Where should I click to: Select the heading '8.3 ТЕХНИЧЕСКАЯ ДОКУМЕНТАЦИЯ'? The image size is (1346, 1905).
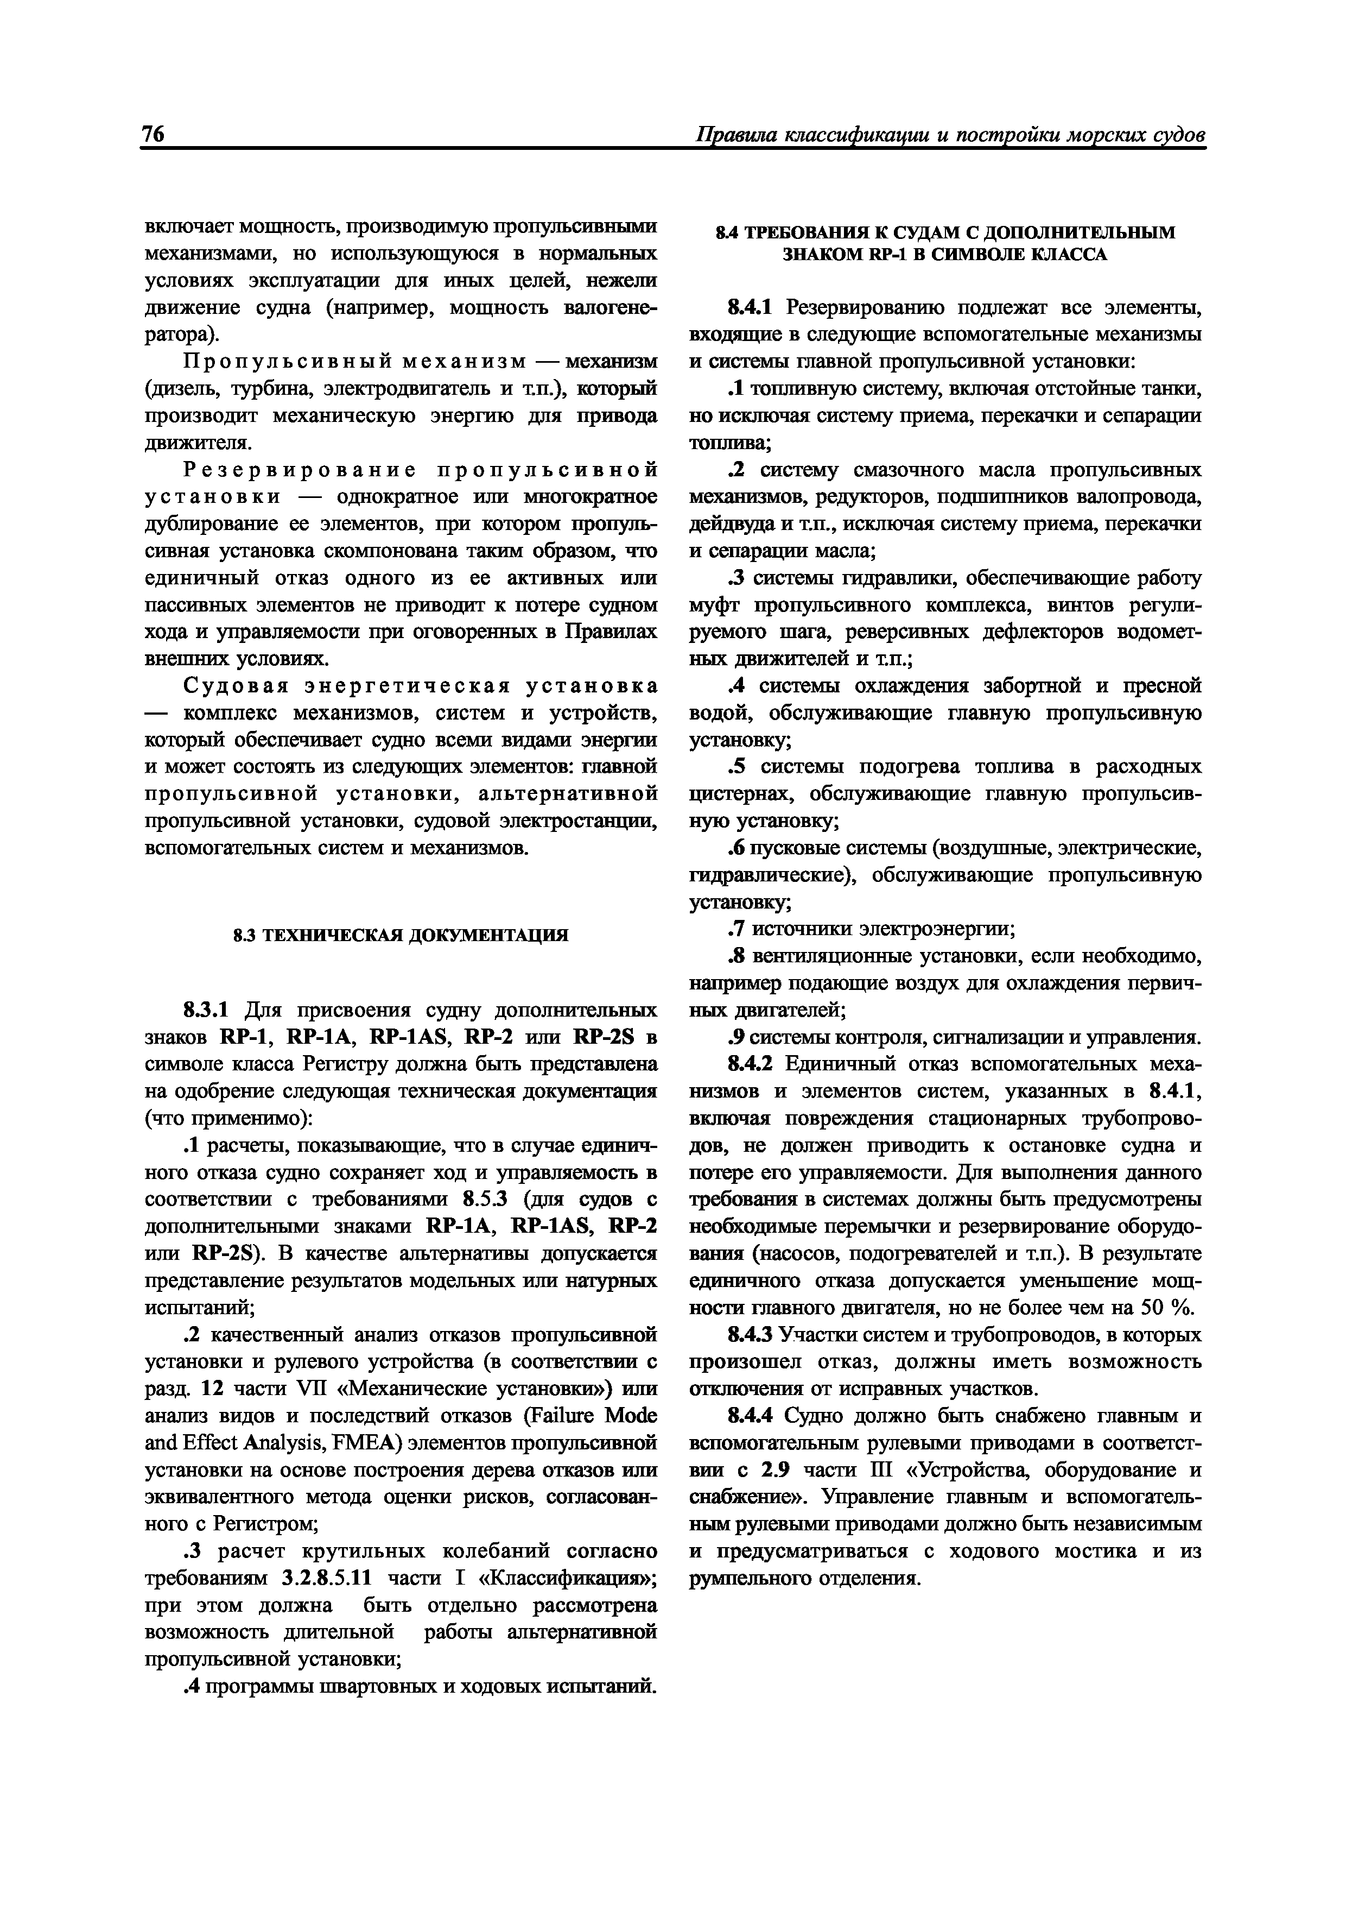401,936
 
